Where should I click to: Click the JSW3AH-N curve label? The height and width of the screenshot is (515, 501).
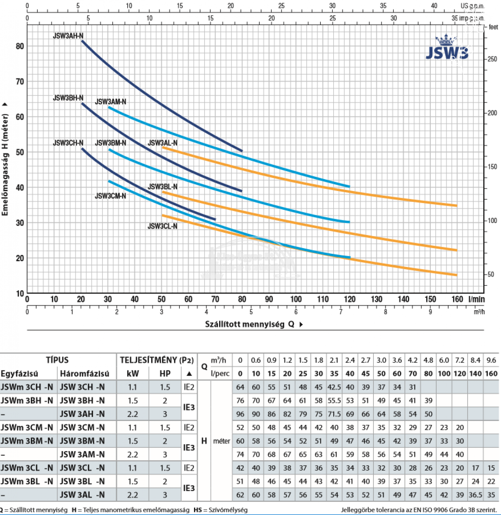coord(68,36)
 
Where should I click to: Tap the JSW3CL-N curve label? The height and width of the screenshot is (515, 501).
coord(162,226)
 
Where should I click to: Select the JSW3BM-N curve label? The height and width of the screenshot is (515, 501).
coord(110,143)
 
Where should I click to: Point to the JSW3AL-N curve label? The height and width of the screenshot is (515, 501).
coord(162,143)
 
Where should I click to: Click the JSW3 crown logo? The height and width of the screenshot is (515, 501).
coord(447,48)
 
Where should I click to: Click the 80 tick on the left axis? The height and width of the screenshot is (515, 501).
coord(20,46)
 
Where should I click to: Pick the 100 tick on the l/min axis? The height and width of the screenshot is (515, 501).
coord(296,299)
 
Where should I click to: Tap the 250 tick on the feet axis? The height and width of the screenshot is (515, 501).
coord(492,59)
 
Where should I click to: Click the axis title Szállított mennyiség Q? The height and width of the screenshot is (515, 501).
coord(250,324)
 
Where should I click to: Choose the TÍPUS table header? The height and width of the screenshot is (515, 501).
coord(57,360)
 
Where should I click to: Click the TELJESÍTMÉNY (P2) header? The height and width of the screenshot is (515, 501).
coord(157,360)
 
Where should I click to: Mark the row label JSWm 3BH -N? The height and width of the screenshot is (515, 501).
coord(27,401)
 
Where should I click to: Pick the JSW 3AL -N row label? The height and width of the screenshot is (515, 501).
coord(82,495)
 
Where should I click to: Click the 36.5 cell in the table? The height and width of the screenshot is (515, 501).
coord(475,495)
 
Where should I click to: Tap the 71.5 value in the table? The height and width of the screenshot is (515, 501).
coord(334,414)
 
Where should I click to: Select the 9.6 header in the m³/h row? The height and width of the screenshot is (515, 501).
coord(491,360)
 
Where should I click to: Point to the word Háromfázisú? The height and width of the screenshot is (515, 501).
coord(84,374)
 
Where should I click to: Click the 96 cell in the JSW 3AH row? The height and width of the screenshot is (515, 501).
coord(240,414)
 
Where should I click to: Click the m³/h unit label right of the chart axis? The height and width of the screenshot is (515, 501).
coord(479,312)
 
